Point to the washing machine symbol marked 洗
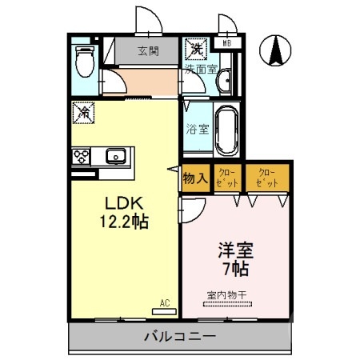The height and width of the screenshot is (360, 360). tap(195, 50)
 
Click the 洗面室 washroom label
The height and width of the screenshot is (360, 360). tap(201, 70)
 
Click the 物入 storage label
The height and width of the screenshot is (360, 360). tap(196, 178)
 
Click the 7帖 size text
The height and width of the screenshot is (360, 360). tap(234, 269)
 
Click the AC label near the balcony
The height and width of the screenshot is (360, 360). tap(164, 302)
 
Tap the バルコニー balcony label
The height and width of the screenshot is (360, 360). tap(179, 337)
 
